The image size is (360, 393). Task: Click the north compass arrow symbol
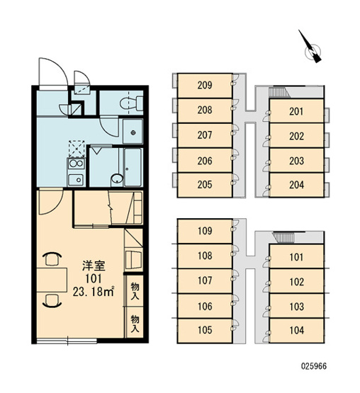(312, 49)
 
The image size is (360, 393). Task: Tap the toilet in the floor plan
(131, 103)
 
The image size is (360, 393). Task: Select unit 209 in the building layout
(205, 86)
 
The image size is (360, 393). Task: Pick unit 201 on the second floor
(296, 111)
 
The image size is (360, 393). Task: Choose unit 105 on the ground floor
(205, 331)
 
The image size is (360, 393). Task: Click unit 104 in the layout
(296, 331)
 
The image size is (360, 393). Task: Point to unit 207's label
(205, 135)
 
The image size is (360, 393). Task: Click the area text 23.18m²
(94, 292)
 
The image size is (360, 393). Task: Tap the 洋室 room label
(94, 266)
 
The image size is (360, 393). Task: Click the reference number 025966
(314, 366)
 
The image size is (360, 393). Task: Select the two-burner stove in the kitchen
(77, 164)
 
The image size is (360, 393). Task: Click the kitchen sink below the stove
(76, 179)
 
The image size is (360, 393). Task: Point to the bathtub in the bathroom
(133, 167)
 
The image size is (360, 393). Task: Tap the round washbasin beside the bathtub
(117, 178)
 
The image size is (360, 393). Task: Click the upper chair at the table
(52, 259)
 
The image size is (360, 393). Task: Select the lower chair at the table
(52, 301)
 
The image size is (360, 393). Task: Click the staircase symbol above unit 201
(279, 92)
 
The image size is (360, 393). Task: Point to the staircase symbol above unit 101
(284, 238)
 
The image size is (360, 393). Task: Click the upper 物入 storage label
(135, 291)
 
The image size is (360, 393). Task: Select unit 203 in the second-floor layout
(296, 161)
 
